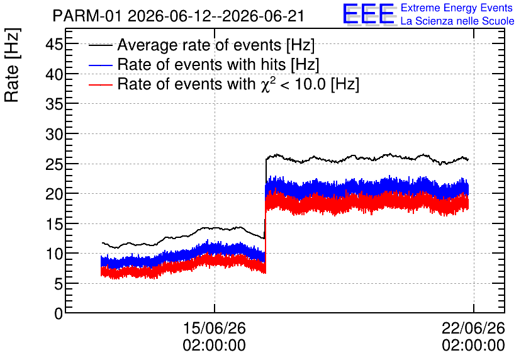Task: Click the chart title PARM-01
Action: pos(87,16)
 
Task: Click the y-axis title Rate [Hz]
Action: pos(12,65)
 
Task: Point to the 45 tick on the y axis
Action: pos(54,44)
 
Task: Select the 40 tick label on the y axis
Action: pos(54,74)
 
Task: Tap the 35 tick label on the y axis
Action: pos(54,104)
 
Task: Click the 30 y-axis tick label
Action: pos(54,134)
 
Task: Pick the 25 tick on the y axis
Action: pos(54,164)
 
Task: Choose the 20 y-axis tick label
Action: pos(54,194)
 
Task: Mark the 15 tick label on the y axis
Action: pos(54,224)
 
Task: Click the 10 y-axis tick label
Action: pos(54,254)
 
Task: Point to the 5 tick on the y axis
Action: pos(59,284)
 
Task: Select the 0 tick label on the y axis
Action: pos(59,313)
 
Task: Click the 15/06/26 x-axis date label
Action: pos(215,328)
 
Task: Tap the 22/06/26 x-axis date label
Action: pos(473,328)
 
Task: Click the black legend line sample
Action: pos(100,45)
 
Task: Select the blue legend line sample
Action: pos(100,65)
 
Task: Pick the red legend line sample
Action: pos(100,84)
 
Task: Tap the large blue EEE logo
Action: pos(369,14)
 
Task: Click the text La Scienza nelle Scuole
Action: pos(457,21)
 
